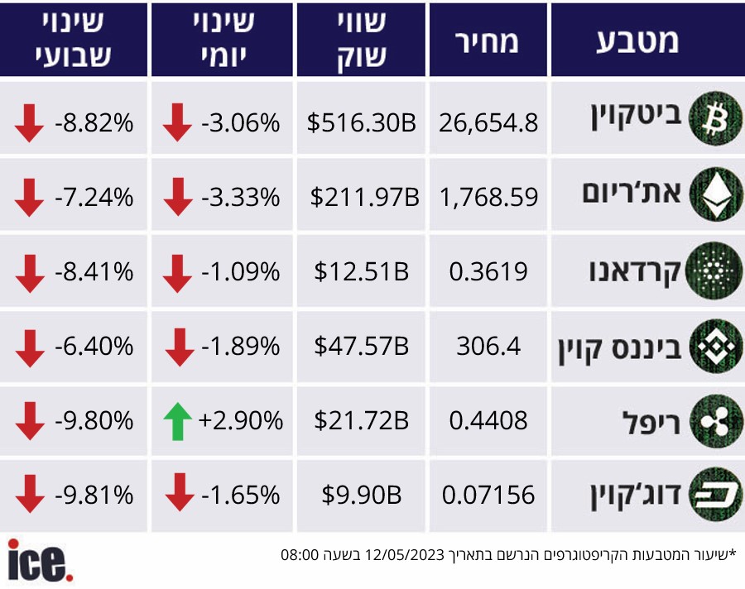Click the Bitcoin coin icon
(715, 118)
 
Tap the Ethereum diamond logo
(716, 194)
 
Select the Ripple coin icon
(716, 421)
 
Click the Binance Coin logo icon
(716, 346)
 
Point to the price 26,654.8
(488, 123)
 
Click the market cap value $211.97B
(364, 197)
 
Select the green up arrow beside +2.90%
(178, 421)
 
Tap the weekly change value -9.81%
(94, 495)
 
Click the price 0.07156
(488, 495)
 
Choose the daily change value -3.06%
(240, 123)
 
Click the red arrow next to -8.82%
(29, 123)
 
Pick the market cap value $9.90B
(361, 495)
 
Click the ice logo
(41, 561)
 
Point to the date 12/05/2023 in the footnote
(404, 555)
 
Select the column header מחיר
(487, 42)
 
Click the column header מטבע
(637, 42)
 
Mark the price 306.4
(488, 346)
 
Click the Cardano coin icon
(714, 271)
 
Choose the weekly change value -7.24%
(94, 197)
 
